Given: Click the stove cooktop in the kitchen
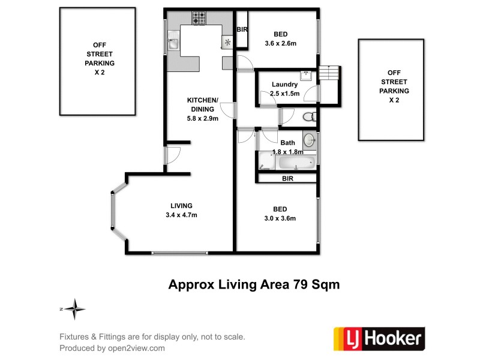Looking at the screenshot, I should (199, 19).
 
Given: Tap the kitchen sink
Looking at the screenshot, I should (172, 43).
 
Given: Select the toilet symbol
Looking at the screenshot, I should (308, 116).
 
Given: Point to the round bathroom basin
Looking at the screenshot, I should (308, 140).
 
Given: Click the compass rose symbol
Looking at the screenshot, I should (75, 310).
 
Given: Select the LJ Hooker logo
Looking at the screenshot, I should (379, 338).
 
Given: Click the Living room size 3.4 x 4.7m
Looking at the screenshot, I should (181, 215).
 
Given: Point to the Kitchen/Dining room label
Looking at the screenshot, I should (202, 104).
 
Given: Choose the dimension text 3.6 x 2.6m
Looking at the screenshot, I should (281, 44).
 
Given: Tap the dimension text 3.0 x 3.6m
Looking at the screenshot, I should (280, 218).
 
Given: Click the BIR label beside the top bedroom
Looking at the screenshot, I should (242, 29).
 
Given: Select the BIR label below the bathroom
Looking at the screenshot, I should (288, 179).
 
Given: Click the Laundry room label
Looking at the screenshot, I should (284, 85).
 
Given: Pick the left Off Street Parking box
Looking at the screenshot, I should (99, 61).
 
